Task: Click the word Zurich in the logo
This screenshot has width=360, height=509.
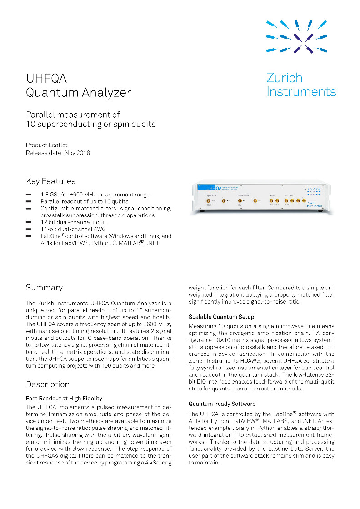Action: (284, 78)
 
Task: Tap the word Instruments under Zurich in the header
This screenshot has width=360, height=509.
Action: (301, 91)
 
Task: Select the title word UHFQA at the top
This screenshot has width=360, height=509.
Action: (46, 79)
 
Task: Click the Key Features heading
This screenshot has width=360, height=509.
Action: (51, 181)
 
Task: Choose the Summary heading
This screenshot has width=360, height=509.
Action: (44, 288)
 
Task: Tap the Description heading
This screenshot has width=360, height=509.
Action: (48, 384)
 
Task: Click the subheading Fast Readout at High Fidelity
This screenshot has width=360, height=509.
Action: (64, 399)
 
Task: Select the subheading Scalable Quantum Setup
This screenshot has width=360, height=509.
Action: (221, 317)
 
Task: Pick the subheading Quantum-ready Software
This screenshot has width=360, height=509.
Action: (222, 404)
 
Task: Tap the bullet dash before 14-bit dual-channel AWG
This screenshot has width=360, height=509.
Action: (29, 230)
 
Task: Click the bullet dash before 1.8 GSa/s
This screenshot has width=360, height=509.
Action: (29, 195)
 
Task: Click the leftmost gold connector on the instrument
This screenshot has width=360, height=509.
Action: (209, 200)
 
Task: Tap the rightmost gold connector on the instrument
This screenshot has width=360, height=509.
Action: (304, 200)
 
